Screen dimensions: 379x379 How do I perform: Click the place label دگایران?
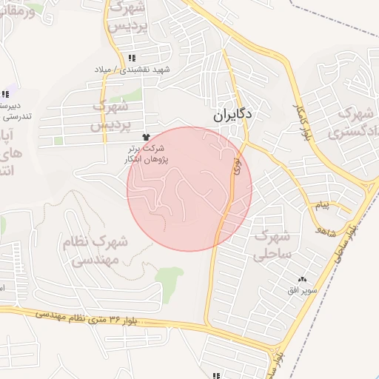(x=233, y=115)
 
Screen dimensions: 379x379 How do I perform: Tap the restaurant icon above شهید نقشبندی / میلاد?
(x=133, y=58)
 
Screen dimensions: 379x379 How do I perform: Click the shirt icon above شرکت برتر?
(x=145, y=137)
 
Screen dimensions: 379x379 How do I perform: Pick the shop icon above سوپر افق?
(x=301, y=279)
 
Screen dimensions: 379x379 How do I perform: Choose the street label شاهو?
(x=325, y=230)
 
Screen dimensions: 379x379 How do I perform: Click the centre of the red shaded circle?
(x=189, y=189)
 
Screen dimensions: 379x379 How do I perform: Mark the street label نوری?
(x=237, y=164)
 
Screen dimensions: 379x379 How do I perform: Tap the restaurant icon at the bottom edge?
(x=216, y=375)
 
